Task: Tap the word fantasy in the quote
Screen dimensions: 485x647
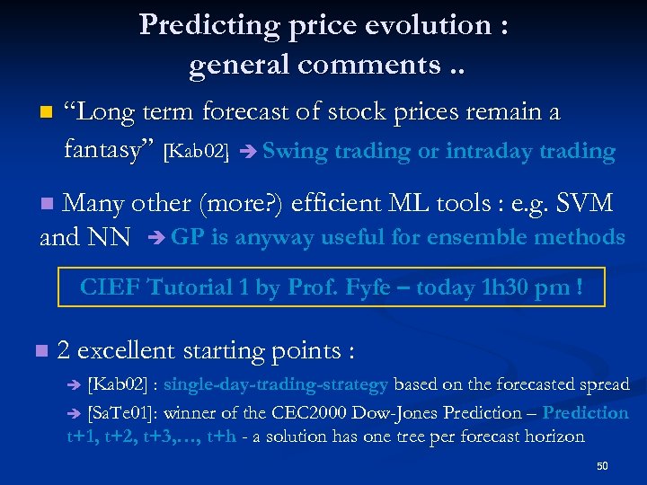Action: pos(110,149)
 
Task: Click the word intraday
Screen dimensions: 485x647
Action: pos(489,152)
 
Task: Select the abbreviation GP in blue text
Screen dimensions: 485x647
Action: pos(185,238)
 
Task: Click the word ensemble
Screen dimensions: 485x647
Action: pos(488,238)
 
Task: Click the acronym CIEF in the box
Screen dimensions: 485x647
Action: pos(109,288)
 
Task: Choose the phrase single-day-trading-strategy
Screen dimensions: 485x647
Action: pos(276,384)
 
